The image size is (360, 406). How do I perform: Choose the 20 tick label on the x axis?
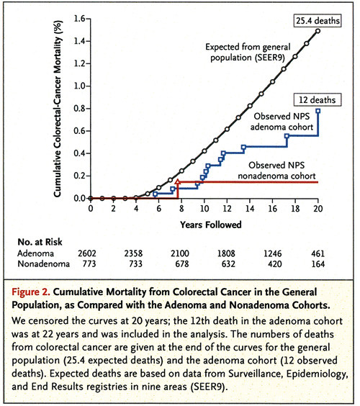tap(317, 209)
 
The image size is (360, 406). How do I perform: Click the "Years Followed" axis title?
tap(204, 222)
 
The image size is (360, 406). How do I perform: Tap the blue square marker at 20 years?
tap(318, 111)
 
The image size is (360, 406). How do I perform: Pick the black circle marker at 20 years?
tap(318, 30)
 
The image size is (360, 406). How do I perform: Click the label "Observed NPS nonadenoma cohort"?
tap(271, 169)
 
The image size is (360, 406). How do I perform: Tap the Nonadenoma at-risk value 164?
tap(318, 266)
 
